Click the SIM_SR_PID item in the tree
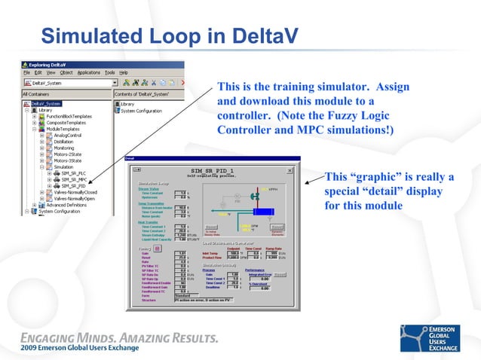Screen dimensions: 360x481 click(x=75, y=186)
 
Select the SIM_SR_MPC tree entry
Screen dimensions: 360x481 click(x=75, y=179)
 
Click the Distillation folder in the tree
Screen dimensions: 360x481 click(x=68, y=141)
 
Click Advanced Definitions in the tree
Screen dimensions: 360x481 click(x=71, y=205)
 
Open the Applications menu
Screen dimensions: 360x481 click(x=89, y=72)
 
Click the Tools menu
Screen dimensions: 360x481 click(x=109, y=72)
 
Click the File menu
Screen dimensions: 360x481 click(x=26, y=72)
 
